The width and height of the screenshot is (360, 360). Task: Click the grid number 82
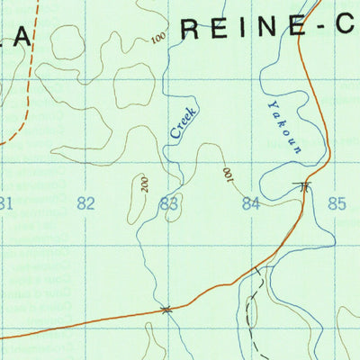85,203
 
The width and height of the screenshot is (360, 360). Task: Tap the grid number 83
168,204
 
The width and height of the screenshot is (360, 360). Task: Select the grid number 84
251,203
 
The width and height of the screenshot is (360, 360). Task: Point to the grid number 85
336,203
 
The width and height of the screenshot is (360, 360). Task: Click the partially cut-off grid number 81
6,203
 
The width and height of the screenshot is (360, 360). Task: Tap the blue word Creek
183,122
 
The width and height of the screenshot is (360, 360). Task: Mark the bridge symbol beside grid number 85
305,187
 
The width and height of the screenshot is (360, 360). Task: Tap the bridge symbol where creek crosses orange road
166,310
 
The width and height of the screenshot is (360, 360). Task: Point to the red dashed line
26,81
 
